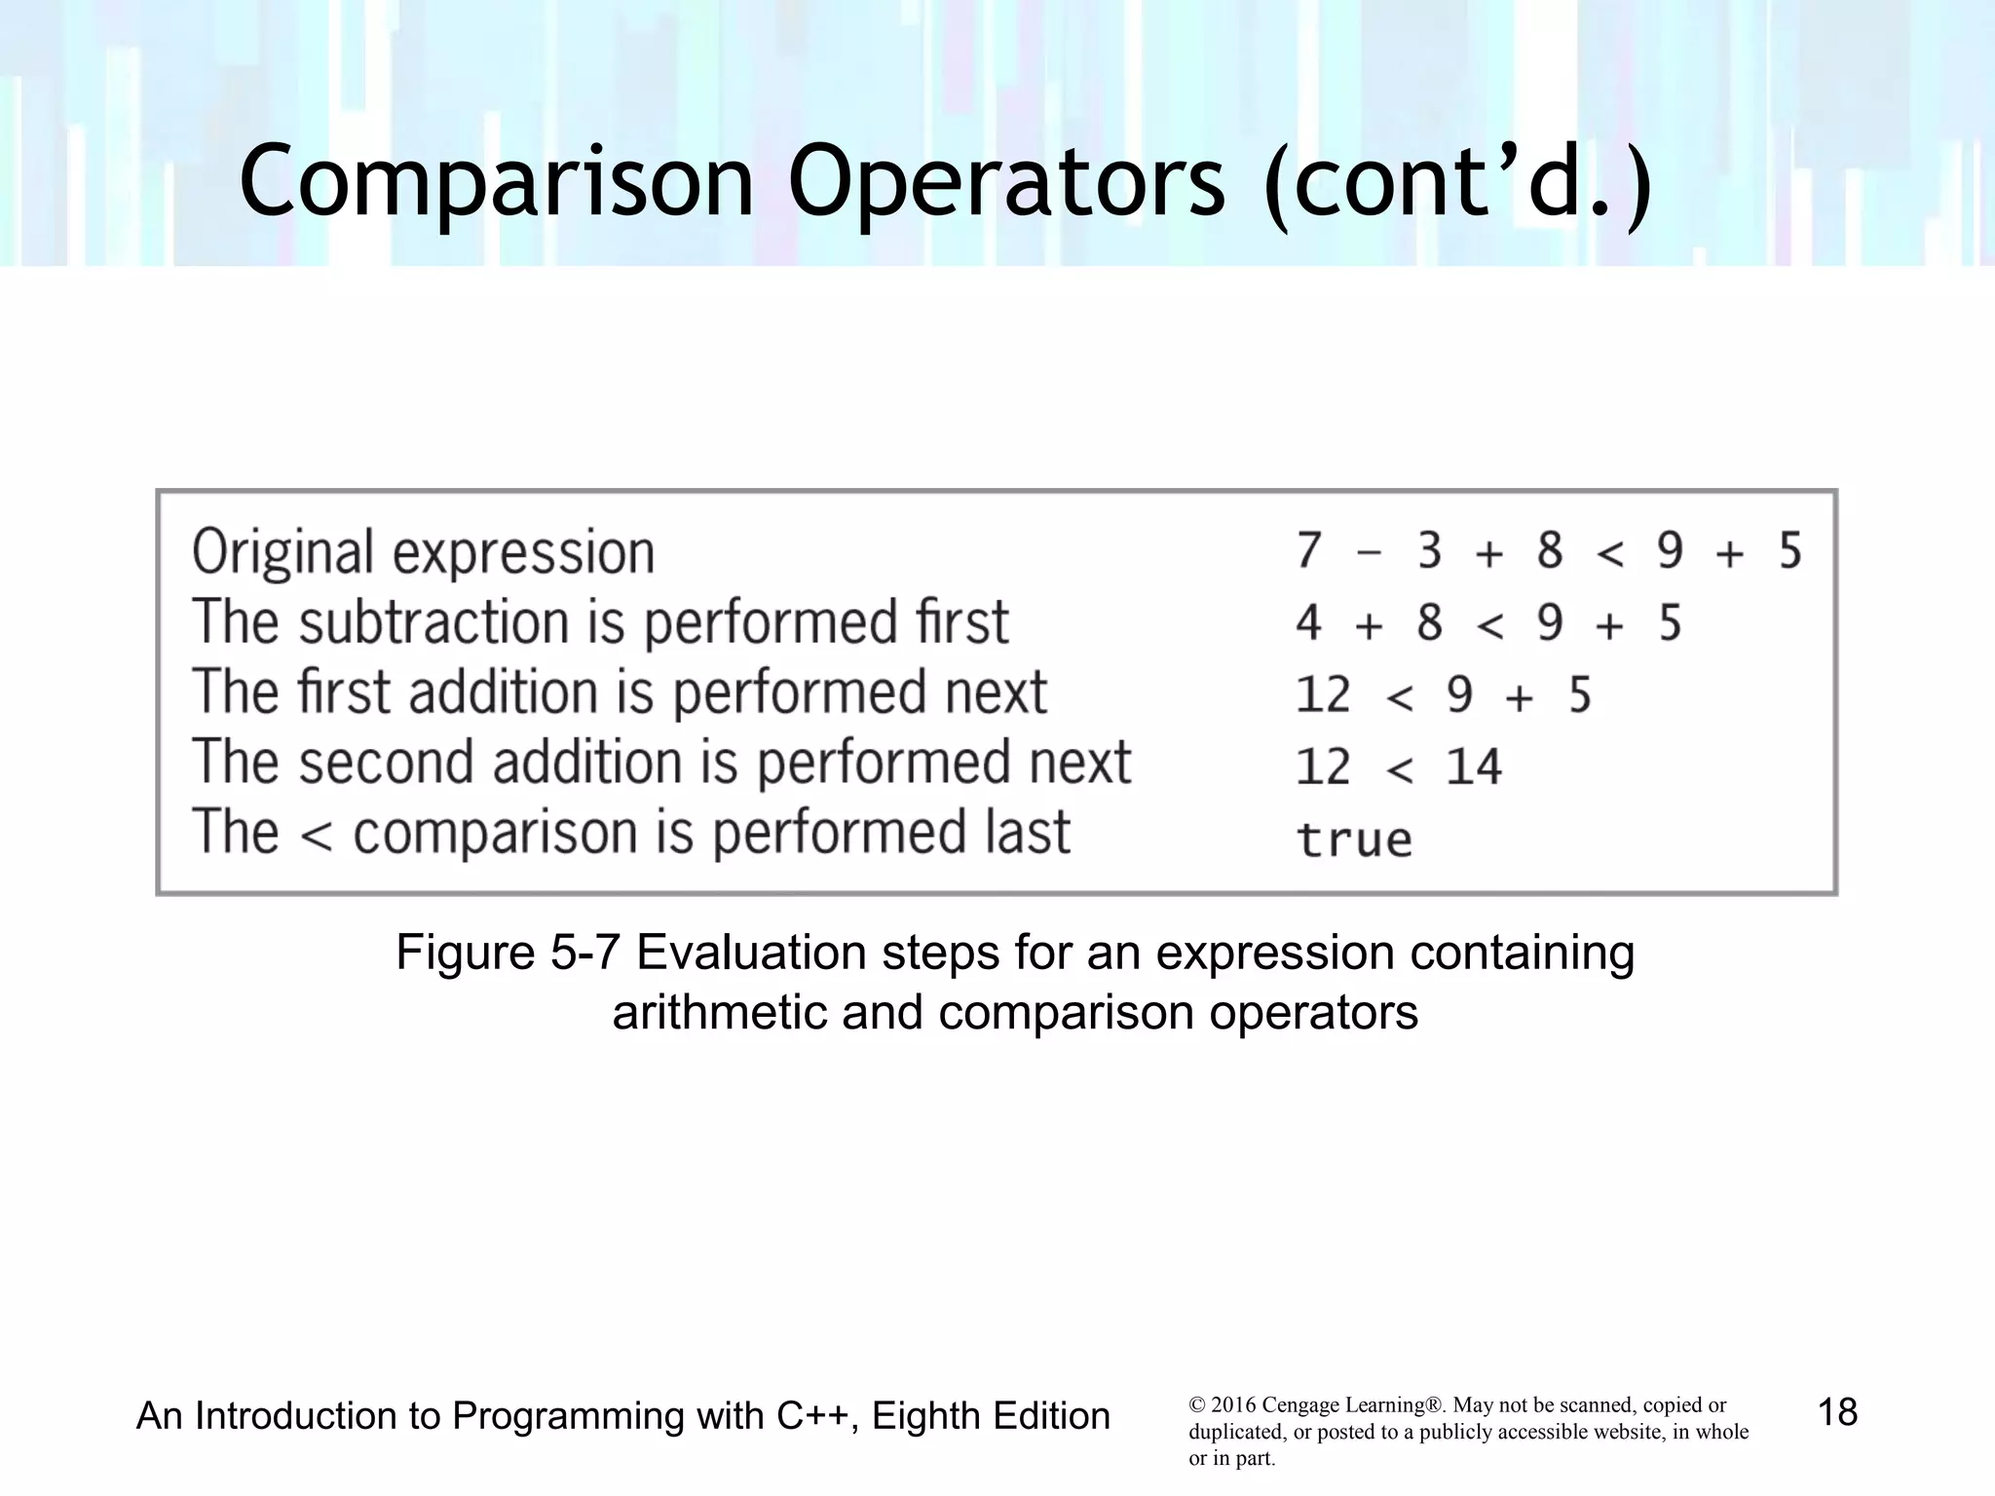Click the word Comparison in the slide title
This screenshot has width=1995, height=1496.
coord(497,182)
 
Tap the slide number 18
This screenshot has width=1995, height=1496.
coord(1837,1412)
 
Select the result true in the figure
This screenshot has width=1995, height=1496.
coord(1354,840)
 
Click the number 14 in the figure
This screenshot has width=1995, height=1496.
coord(1473,767)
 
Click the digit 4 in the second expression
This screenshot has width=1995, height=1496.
coord(1308,622)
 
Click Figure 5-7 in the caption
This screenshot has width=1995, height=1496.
coord(508,953)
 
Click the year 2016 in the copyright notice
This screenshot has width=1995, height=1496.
coord(1233,1405)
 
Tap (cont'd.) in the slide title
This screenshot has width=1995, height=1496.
coord(1457,182)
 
